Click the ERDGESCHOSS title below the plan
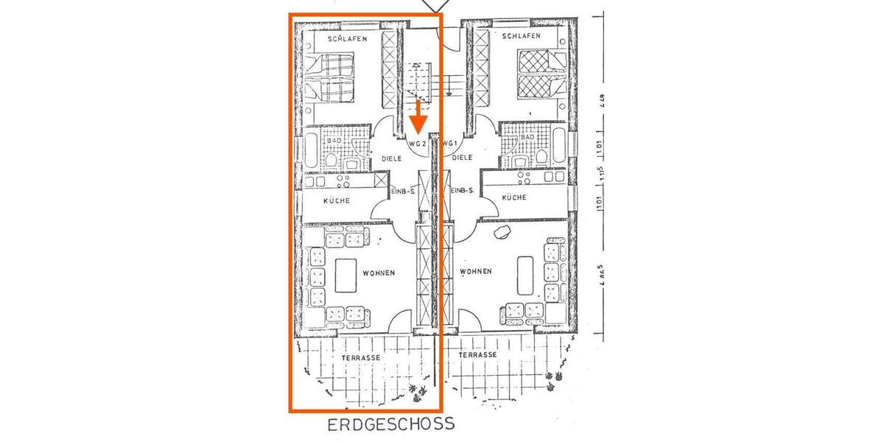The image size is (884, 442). [x=391, y=424]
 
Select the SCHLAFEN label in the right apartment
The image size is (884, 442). [x=521, y=35]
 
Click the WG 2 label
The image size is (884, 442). [x=418, y=144]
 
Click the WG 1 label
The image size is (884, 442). [x=450, y=144]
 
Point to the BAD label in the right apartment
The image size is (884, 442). [x=527, y=138]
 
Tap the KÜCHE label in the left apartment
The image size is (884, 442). [x=337, y=200]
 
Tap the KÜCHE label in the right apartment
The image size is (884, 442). [x=513, y=197]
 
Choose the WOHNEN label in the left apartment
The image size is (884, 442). [x=379, y=273]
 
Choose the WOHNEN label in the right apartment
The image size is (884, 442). [x=475, y=272]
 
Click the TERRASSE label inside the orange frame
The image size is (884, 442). [x=361, y=357]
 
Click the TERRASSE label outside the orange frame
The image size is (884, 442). [x=477, y=354]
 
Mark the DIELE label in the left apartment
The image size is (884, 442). [x=391, y=158]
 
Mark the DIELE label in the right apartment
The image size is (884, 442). [x=462, y=158]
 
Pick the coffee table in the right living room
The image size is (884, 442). [x=525, y=274]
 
